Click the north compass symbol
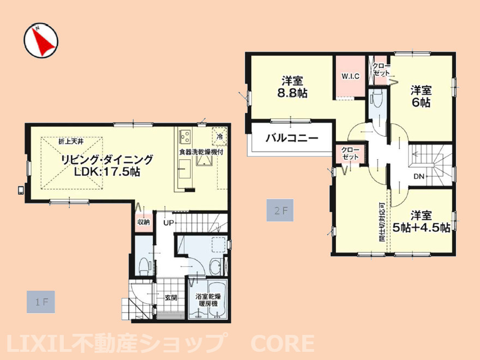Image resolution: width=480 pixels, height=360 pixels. [41, 41]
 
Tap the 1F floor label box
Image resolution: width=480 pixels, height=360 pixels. [41, 302]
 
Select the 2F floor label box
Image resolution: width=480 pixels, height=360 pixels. [280, 211]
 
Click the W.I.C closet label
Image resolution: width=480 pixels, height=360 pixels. [351, 76]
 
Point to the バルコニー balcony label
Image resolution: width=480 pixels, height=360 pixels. [292, 138]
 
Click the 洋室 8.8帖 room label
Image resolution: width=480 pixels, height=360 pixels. [292, 87]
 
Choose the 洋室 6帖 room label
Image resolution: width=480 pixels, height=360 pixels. [421, 97]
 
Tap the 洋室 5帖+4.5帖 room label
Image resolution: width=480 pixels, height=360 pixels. [421, 221]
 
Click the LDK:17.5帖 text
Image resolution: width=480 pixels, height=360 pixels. [107, 172]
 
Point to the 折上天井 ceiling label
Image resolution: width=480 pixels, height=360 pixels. [71, 141]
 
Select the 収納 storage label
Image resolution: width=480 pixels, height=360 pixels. [143, 222]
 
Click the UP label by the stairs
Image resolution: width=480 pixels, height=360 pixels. [169, 223]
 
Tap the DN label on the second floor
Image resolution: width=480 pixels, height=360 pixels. [419, 176]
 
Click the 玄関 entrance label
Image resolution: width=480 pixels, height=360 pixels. [171, 298]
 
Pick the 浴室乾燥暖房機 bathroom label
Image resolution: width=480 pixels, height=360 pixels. [208, 300]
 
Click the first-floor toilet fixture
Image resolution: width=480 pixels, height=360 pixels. [143, 266]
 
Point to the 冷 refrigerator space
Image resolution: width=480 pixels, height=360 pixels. [220, 136]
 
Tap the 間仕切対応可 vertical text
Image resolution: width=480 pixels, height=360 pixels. [382, 221]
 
